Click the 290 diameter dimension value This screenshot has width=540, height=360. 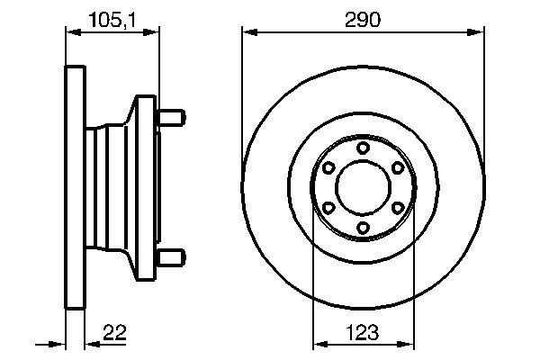[363, 18]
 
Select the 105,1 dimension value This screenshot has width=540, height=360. [112, 18]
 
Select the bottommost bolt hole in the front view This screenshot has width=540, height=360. [363, 228]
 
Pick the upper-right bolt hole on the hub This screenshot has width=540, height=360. [397, 168]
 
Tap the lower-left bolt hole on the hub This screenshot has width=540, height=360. [328, 208]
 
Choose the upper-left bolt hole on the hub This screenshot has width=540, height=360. [328, 168]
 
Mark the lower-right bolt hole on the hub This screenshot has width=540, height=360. [397, 208]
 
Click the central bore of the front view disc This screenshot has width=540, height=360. [363, 188]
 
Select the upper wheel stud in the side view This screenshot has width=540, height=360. [172, 117]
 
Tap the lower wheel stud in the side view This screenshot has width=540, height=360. [172, 258]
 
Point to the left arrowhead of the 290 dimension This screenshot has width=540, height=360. [248, 33]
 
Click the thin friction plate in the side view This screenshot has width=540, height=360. [76, 188]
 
